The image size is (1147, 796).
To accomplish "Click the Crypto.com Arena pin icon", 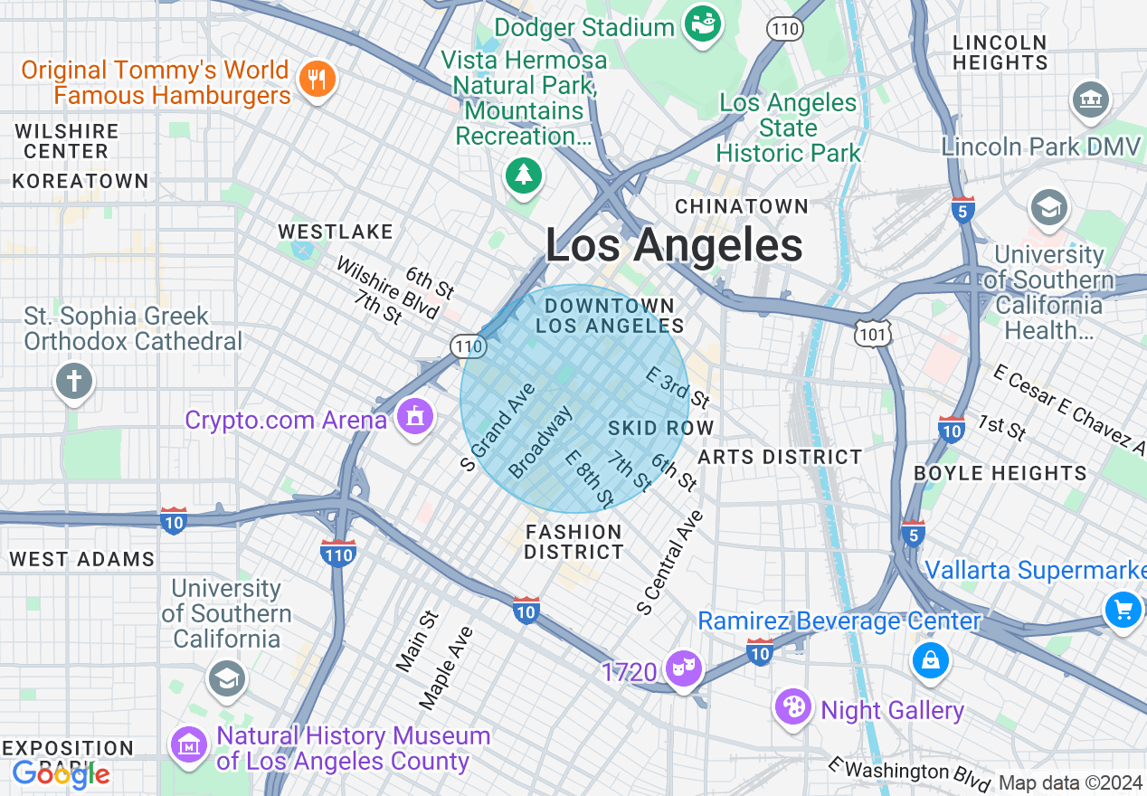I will [x=414, y=417].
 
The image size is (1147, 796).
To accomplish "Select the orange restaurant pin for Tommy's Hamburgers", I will [x=316, y=80].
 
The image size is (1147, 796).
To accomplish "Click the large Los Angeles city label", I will [x=674, y=245].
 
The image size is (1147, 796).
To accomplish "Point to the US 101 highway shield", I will [x=875, y=333].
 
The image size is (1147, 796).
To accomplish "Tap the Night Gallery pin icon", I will [x=793, y=706].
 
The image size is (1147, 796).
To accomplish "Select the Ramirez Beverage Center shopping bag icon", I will [x=930, y=659].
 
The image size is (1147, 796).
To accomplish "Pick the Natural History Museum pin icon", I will [x=188, y=745].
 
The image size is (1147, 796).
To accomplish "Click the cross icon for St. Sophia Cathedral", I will [x=74, y=380].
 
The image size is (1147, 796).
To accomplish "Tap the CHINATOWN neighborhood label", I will [x=742, y=206].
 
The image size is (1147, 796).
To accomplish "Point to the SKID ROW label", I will [x=661, y=428].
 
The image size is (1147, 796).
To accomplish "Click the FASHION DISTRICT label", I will [x=573, y=541].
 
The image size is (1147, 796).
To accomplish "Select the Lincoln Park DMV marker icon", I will [x=1090, y=100].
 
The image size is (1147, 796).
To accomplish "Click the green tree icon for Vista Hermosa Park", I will [x=523, y=173].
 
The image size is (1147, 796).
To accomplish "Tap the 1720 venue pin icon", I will [x=683, y=669].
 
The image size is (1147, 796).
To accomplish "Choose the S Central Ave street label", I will [x=670, y=563].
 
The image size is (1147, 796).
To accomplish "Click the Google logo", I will [x=61, y=773].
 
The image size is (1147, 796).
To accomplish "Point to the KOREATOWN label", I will [x=81, y=181].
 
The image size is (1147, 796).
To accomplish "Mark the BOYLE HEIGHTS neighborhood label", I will [x=1000, y=473].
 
